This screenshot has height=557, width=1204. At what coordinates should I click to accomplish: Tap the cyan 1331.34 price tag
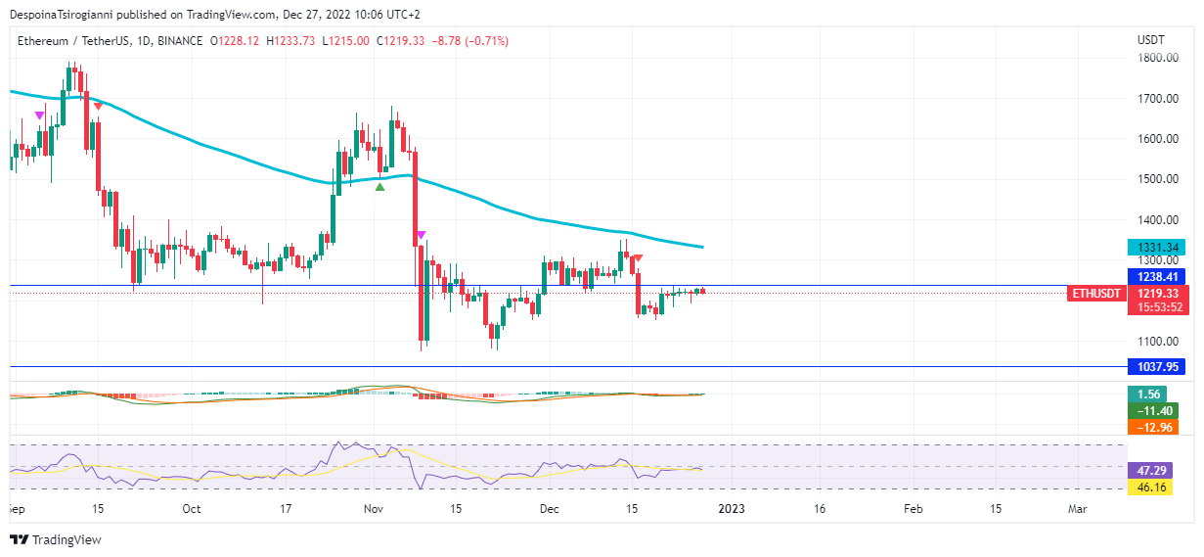click(x=1155, y=247)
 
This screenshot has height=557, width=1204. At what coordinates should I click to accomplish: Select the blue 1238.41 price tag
click(x=1155, y=277)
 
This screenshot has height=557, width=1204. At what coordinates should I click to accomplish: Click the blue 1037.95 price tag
click(x=1155, y=367)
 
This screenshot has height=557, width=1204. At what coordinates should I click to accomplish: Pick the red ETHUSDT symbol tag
click(x=1095, y=293)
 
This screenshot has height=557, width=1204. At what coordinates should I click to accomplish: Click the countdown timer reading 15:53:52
click(x=1155, y=307)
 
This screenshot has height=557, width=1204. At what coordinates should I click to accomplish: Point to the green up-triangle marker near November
click(x=379, y=186)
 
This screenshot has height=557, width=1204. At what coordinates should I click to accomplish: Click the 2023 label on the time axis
click(x=732, y=509)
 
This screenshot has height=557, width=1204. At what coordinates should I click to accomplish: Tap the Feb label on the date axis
click(x=912, y=509)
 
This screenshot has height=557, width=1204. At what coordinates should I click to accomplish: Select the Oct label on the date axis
click(x=192, y=509)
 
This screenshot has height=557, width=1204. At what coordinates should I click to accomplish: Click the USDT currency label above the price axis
click(x=1150, y=40)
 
